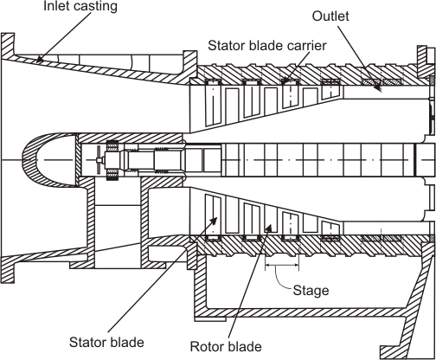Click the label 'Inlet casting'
80,6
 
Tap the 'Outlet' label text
330,16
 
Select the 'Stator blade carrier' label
267,46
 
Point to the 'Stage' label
311,290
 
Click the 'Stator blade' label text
106,343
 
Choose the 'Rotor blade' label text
226,346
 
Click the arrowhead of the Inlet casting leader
40,61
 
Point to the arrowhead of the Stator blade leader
214,221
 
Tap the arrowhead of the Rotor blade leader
269,227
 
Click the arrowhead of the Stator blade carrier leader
285,80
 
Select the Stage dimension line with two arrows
282,265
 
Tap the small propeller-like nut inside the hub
99,159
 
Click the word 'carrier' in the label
308,46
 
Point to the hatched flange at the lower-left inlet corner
8,269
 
